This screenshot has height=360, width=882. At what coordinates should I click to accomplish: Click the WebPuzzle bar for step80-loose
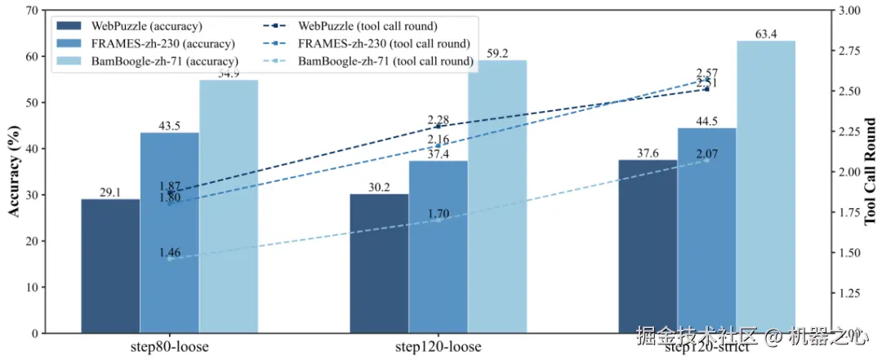pos(110,266)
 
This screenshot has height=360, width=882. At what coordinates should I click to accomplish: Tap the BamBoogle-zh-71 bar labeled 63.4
pos(765,187)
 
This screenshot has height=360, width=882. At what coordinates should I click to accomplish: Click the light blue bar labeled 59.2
pos(497,196)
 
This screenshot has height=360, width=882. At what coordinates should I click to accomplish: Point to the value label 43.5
pos(170,127)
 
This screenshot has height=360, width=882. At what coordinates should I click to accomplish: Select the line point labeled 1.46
pos(170,258)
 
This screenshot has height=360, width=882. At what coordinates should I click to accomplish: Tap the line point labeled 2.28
pos(439,126)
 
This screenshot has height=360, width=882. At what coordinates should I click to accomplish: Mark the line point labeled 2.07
pos(707,160)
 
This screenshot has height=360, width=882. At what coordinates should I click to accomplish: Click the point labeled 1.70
pos(439,220)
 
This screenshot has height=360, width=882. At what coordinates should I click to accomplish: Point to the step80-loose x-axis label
pos(169,346)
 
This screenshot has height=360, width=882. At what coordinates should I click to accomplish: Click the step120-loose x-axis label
pos(438,346)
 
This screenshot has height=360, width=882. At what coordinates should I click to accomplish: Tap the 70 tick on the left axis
pos(32,11)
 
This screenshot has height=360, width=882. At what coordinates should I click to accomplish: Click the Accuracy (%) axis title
pos(14,172)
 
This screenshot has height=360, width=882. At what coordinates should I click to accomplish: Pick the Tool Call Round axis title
pos(870,172)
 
